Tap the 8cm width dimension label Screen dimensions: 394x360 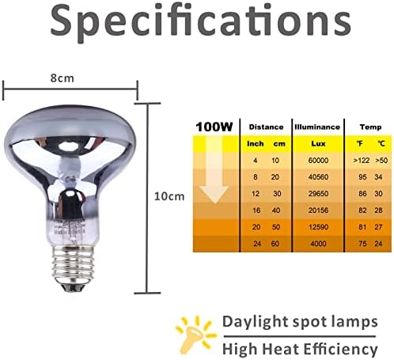[63, 78]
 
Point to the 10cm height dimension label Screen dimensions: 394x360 [169, 196]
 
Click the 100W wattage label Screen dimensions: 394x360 [214, 127]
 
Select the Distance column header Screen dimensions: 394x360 [266, 127]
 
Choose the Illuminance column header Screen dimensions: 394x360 [317, 127]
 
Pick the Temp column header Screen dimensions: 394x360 [370, 127]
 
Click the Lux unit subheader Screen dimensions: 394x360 [318, 144]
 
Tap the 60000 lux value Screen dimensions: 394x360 [318, 161]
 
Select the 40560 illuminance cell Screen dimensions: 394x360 [318, 177]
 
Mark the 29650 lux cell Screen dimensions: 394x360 [318, 194]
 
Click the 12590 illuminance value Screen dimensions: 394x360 [318, 227]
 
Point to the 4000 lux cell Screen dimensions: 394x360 [318, 244]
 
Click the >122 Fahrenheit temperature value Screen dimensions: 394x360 [362, 161]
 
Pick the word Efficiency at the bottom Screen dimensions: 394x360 [340, 349]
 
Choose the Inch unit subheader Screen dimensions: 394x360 [255, 144]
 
